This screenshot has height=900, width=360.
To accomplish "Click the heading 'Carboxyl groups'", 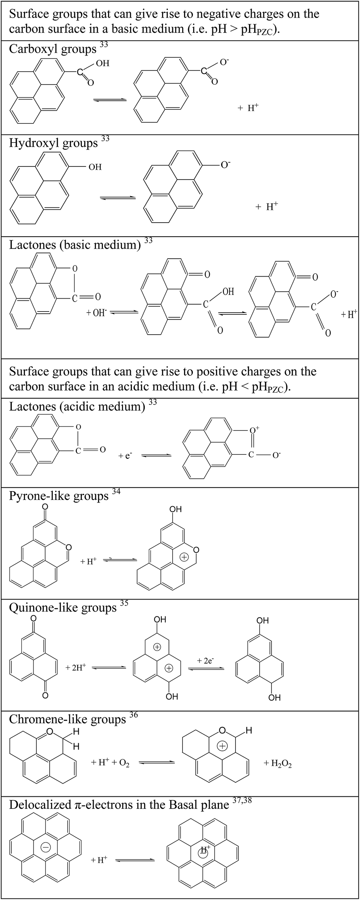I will tap(53, 49).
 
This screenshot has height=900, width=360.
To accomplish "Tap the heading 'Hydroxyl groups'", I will tap(53, 143).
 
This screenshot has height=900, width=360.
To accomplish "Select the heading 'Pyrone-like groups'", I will tap(59, 496).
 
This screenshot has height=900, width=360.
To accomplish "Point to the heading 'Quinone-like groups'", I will tap(62, 608).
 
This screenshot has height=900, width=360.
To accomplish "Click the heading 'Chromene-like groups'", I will tap(67, 719).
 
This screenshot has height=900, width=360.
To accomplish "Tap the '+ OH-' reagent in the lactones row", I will tap(96, 313).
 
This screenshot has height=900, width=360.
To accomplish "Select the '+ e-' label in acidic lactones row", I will tap(125, 456).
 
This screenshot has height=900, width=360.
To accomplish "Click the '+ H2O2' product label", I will tap(278, 764).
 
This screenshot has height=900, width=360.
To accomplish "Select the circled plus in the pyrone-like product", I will tap(184, 557).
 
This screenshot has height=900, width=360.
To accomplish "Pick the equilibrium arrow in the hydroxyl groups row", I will tap(118, 198).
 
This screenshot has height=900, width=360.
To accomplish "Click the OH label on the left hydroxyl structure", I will tap(95, 167).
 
